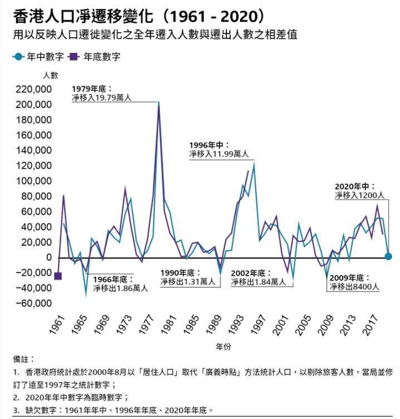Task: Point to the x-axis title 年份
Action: click(223, 347)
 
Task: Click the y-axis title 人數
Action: click(50, 74)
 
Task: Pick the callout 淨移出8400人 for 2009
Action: click(354, 287)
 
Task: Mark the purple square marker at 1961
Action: click(58, 276)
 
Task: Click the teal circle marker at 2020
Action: click(388, 256)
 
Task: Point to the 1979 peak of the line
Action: click(159, 104)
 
